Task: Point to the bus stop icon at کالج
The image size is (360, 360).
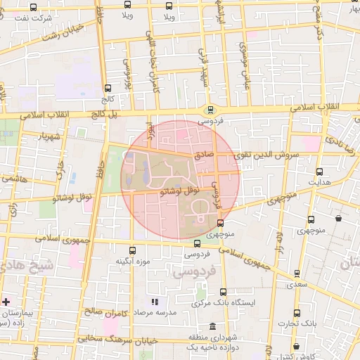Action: [108, 89]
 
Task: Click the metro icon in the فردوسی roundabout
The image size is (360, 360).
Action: [210, 109]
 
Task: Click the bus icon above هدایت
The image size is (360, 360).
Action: [320, 172]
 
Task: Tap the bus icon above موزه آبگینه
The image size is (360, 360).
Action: [133, 250]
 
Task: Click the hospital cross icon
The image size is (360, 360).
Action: [6, 302]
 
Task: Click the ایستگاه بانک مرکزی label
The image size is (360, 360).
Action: [223, 303]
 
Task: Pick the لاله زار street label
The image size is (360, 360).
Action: [279, 241]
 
